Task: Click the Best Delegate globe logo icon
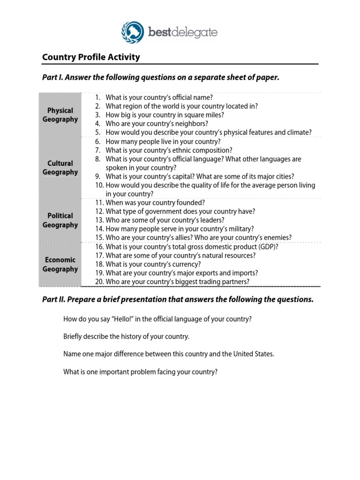pyautogui.click(x=133, y=32)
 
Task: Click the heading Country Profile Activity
pyautogui.click(x=91, y=57)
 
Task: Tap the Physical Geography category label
pyautogui.click(x=60, y=115)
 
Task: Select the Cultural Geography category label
pyautogui.click(x=60, y=168)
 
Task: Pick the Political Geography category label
pyautogui.click(x=60, y=220)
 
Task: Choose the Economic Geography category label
pyautogui.click(x=60, y=264)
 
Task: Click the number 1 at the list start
pyautogui.click(x=97, y=97)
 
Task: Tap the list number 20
pyautogui.click(x=99, y=282)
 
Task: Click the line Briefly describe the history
pyautogui.click(x=127, y=337)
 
